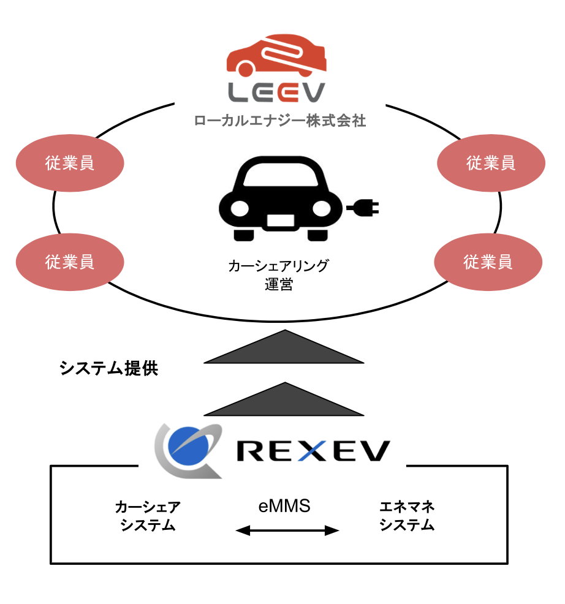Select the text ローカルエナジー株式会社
click(279, 120)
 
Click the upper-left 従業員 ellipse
click(70, 164)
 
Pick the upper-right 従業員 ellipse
click(491, 163)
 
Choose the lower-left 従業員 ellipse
click(70, 262)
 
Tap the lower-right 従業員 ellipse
click(488, 263)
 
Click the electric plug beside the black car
click(364, 208)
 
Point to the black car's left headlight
click(239, 208)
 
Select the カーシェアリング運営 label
click(279, 274)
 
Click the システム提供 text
click(109, 369)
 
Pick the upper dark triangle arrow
click(284, 348)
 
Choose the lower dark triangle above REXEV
click(284, 399)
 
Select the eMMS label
click(284, 507)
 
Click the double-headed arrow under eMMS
click(287, 530)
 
